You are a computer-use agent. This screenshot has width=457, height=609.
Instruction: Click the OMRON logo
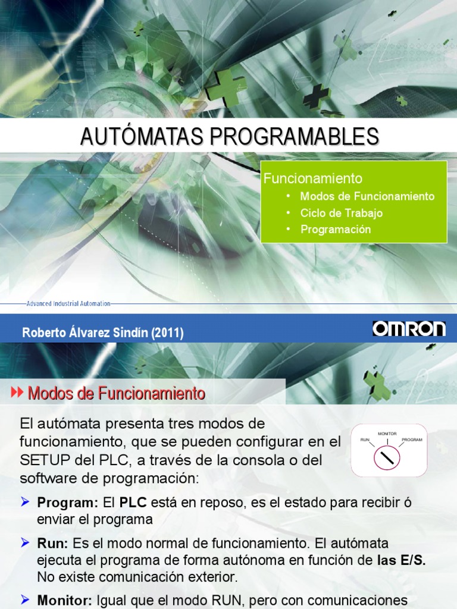(x=409, y=329)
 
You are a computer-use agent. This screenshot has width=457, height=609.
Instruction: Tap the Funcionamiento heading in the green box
(x=313, y=178)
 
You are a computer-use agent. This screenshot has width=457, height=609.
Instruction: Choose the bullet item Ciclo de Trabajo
(x=342, y=213)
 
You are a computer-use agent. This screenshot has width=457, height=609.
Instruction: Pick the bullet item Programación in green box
(x=336, y=230)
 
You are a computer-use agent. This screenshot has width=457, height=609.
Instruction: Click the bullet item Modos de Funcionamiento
(x=367, y=196)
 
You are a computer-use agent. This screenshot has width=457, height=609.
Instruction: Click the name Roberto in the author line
(x=42, y=333)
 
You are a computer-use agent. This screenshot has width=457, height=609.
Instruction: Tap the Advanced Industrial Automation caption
(x=68, y=303)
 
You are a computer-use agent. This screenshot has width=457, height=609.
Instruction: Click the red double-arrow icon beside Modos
(x=17, y=393)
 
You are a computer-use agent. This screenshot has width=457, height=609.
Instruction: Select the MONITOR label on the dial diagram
(x=387, y=434)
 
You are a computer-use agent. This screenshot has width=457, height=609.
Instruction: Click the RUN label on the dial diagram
(x=365, y=440)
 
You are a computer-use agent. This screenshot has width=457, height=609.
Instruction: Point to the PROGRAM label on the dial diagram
(x=412, y=440)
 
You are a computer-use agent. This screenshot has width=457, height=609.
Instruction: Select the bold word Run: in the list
(x=53, y=544)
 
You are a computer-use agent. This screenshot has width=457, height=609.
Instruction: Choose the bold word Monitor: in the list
(x=64, y=601)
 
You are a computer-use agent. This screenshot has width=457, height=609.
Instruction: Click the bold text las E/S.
(x=402, y=560)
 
